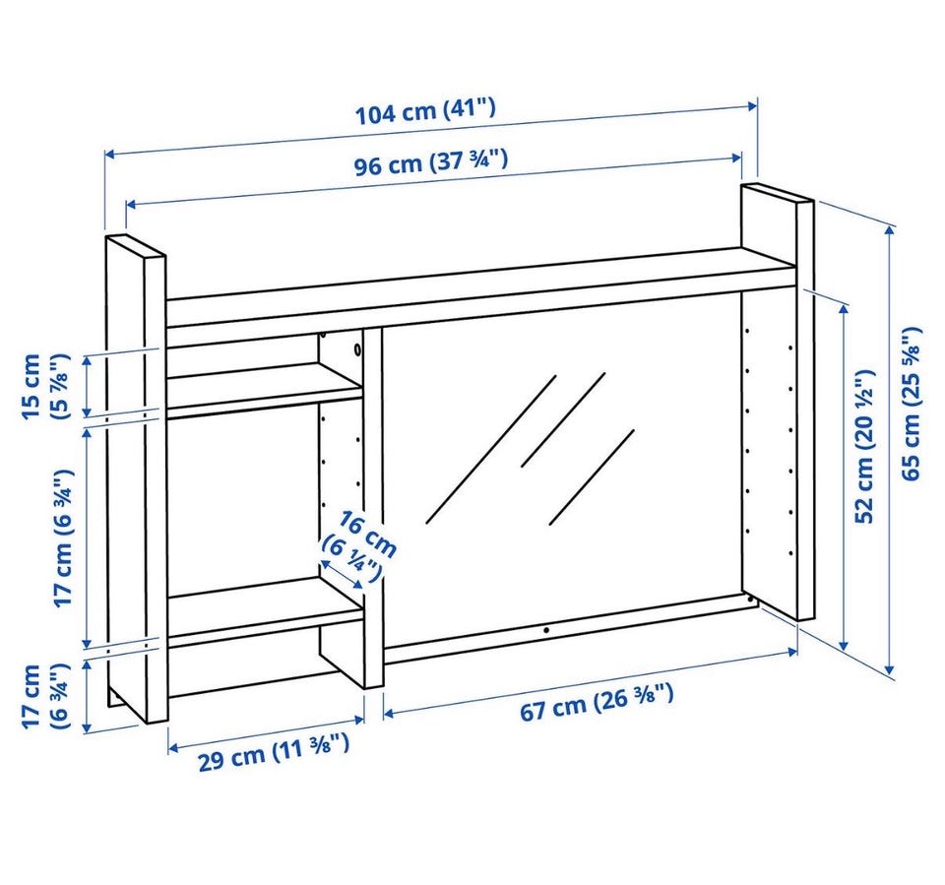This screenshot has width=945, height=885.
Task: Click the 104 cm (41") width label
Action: click(x=425, y=112)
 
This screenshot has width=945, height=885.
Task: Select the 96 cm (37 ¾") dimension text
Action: click(x=430, y=162)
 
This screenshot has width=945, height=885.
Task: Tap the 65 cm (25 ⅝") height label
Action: click(x=912, y=404)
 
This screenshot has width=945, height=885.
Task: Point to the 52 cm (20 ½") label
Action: click(x=864, y=447)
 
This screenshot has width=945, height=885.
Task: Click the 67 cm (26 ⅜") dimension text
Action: click(x=597, y=701)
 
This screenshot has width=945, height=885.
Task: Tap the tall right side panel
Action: click(x=778, y=402)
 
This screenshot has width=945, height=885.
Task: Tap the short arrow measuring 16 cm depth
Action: click(x=342, y=574)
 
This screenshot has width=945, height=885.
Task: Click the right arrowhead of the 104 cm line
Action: click(x=752, y=106)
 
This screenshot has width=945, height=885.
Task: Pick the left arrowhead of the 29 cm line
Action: click(x=173, y=748)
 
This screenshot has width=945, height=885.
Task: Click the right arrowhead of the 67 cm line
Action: click(x=793, y=652)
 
